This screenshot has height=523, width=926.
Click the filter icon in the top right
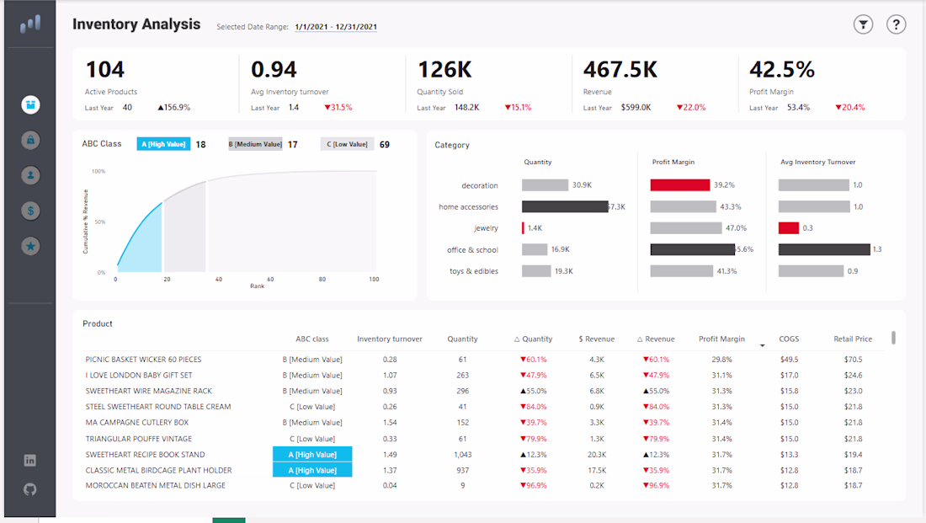[x=863, y=24]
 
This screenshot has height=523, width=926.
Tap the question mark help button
[x=896, y=24]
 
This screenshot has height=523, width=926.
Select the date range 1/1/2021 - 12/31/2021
[x=336, y=27]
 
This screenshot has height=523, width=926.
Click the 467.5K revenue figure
[x=620, y=70]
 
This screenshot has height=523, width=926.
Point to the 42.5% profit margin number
[x=782, y=70]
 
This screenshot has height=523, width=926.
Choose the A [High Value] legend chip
[x=163, y=144]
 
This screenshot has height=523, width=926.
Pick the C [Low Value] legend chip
[x=347, y=144]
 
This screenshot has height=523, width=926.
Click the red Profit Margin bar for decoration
[x=679, y=185]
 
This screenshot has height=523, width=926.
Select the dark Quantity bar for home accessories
[x=565, y=207]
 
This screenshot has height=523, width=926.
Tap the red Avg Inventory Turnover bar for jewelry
[x=789, y=228]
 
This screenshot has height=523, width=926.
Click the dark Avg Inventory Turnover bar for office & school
[x=824, y=249]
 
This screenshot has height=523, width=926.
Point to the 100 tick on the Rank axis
[x=374, y=279]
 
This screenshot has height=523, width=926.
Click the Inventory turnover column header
[x=390, y=339]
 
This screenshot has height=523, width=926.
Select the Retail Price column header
[x=853, y=339]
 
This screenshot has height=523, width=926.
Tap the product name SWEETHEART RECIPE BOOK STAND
[x=146, y=455]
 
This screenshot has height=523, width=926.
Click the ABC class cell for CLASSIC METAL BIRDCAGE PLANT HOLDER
[x=312, y=471]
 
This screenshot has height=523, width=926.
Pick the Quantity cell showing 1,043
[x=462, y=455]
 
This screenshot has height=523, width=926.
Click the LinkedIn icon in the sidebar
[x=30, y=461]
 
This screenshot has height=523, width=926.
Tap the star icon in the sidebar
[x=30, y=246]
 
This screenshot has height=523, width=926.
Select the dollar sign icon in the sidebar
[x=30, y=211]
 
